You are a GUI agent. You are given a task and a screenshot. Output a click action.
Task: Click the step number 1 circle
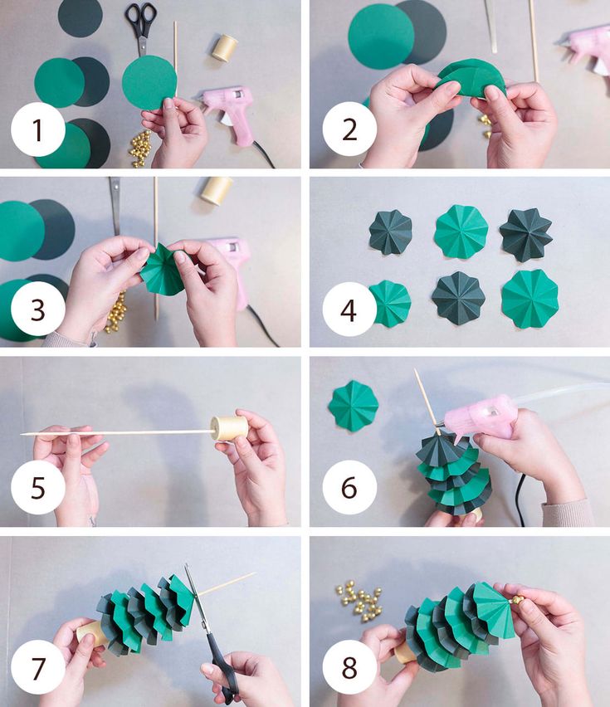tap(38, 129)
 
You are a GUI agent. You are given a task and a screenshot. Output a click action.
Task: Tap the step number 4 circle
tap(349, 310)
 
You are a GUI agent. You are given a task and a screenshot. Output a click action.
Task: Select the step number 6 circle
tap(349, 487)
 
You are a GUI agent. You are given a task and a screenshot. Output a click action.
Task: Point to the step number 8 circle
tap(349, 667)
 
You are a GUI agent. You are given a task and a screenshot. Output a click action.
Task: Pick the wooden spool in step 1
tap(224, 47)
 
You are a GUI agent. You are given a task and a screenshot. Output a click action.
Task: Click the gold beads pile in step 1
tap(140, 148)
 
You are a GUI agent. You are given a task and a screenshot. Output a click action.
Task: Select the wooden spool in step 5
tap(230, 428)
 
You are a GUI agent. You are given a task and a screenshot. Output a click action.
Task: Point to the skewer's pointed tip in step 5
tap(22, 435)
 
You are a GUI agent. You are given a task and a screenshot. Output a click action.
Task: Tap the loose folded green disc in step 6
tap(353, 406)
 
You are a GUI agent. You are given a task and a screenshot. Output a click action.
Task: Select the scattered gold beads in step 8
tap(362, 602)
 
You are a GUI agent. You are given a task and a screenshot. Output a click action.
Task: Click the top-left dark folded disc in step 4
tap(390, 232)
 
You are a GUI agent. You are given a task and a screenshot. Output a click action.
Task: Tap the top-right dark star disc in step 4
tap(526, 235)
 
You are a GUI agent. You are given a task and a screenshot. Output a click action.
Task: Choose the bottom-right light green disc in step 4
tap(530, 300)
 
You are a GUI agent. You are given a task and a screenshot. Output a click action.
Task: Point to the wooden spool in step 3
tap(217, 190)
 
